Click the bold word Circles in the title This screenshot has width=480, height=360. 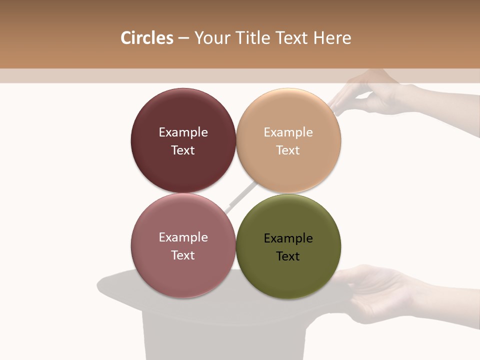tap(146, 38)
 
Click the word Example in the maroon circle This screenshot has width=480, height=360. tap(183, 132)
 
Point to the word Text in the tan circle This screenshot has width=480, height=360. tap(288, 150)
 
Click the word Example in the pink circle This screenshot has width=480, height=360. tap(183, 237)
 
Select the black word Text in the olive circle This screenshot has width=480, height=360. tap(288, 256)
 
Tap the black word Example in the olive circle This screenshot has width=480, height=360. tap(288, 238)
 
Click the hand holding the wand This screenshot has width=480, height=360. tap(380, 95)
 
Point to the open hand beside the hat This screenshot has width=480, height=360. tap(380, 290)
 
